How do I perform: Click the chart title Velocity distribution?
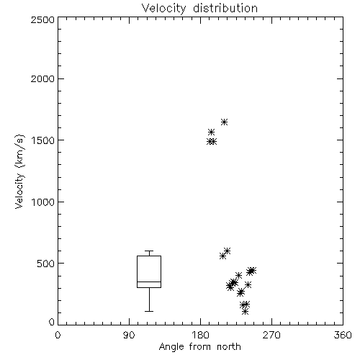click(x=199, y=9)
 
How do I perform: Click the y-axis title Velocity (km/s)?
click(x=19, y=171)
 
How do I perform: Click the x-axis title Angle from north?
click(x=199, y=347)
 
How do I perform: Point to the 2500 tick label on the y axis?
click(x=42, y=19)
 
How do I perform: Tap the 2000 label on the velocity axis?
click(x=42, y=79)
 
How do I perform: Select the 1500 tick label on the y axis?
click(x=42, y=140)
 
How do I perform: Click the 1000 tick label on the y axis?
click(x=42, y=202)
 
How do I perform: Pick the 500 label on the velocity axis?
click(x=46, y=264)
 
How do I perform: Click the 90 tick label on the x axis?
click(x=129, y=335)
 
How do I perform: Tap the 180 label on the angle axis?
click(x=200, y=335)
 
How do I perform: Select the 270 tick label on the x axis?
click(x=271, y=335)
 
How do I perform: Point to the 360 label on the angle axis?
click(x=343, y=335)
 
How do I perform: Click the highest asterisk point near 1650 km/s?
click(x=224, y=122)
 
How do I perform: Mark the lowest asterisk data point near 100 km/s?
click(x=245, y=312)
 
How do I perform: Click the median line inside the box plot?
click(x=149, y=282)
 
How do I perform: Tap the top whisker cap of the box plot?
click(x=149, y=251)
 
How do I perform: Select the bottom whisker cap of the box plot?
click(x=149, y=311)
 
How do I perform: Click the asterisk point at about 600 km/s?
click(x=227, y=251)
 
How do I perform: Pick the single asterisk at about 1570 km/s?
click(x=211, y=132)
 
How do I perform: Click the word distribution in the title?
click(x=225, y=9)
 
